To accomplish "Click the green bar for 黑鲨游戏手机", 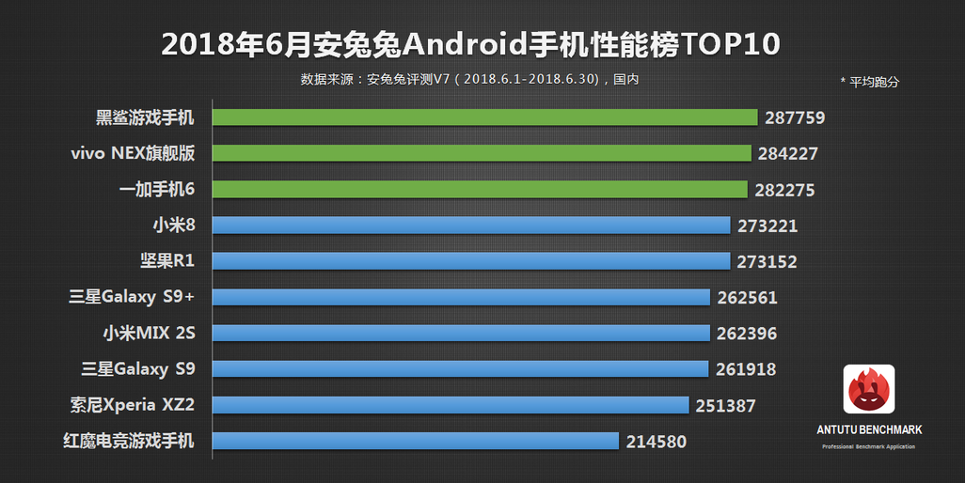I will [x=484, y=117].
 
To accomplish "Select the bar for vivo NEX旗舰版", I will [x=482, y=153].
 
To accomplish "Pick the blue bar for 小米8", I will [x=471, y=226].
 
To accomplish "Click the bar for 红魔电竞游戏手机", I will [x=415, y=441].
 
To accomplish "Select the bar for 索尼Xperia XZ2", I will [x=451, y=405].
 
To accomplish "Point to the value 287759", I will [x=795, y=117].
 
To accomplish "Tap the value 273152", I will [x=766, y=261].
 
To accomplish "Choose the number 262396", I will [x=746, y=334].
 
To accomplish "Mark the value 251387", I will [x=725, y=405].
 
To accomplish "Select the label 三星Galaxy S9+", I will [x=132, y=297].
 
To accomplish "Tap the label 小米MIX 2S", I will [x=149, y=333].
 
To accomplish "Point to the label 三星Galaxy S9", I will [x=132, y=368].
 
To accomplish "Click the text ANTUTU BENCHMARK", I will [x=868, y=429].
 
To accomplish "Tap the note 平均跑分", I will [x=874, y=82].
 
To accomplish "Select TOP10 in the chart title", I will [x=732, y=44].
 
